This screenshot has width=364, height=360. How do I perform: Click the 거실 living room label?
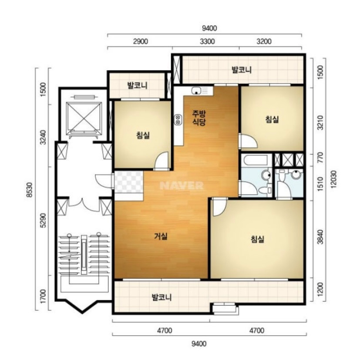[161, 236]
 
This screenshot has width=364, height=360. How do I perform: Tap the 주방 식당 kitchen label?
[199, 118]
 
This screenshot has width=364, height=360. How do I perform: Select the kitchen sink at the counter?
[196, 91]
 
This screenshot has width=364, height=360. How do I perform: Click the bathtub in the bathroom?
[255, 160]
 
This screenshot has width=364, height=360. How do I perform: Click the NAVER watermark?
[182, 185]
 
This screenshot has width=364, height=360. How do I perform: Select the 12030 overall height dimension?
[334, 179]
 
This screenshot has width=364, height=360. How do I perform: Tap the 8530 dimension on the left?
[30, 190]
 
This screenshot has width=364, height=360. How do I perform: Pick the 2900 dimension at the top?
[141, 41]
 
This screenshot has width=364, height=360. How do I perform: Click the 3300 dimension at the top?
[207, 41]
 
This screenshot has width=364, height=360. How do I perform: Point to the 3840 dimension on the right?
[320, 237]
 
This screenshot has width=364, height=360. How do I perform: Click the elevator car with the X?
[84, 118]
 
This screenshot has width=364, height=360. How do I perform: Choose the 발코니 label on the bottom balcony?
[162, 297]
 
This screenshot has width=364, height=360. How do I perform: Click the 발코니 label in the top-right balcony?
[242, 70]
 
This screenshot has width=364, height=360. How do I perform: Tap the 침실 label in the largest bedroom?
[257, 239]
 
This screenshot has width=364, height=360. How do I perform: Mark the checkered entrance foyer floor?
[128, 182]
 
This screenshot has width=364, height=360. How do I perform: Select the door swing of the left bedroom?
[162, 161]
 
